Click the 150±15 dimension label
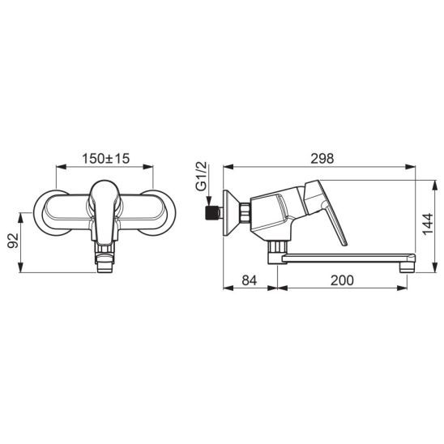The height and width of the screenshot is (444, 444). [105, 159]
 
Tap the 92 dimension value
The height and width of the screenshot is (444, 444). [13, 241]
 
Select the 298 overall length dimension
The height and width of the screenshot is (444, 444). [322, 159]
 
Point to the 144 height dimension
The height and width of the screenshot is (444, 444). [428, 224]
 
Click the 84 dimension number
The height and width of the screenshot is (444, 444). [250, 280]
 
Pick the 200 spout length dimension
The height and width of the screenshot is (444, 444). [342, 280]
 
